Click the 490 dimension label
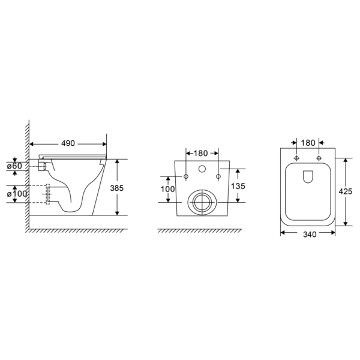68,143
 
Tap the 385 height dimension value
117,188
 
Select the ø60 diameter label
14,166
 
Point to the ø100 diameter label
17,194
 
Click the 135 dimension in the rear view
238,186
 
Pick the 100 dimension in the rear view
167,189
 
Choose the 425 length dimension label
346,191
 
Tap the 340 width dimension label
310,235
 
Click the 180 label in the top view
308,143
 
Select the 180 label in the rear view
200,153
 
